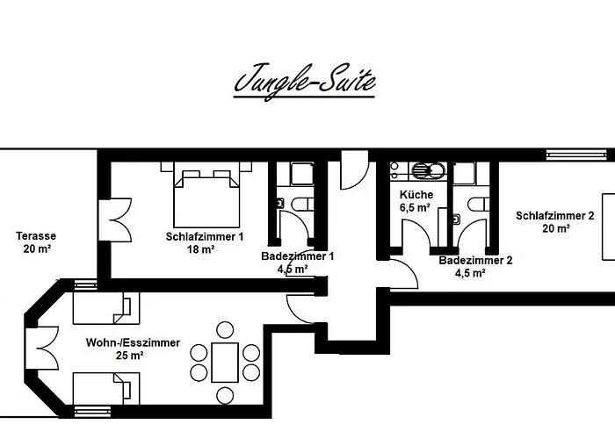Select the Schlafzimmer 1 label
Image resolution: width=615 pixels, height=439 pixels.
click(204, 236)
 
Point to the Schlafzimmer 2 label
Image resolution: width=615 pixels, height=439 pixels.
click(555, 215)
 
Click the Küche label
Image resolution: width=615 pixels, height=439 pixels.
click(414, 194)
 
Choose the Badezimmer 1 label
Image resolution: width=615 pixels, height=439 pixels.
click(297, 256)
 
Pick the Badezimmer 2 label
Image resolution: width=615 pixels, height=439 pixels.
click(474, 260)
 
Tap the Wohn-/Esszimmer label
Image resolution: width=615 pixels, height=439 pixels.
click(133, 342)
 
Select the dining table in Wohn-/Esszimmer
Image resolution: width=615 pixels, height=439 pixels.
click(226, 361)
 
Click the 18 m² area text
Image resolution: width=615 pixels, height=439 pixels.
click(201, 249)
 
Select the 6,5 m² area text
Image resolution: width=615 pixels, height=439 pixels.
click(414, 207)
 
